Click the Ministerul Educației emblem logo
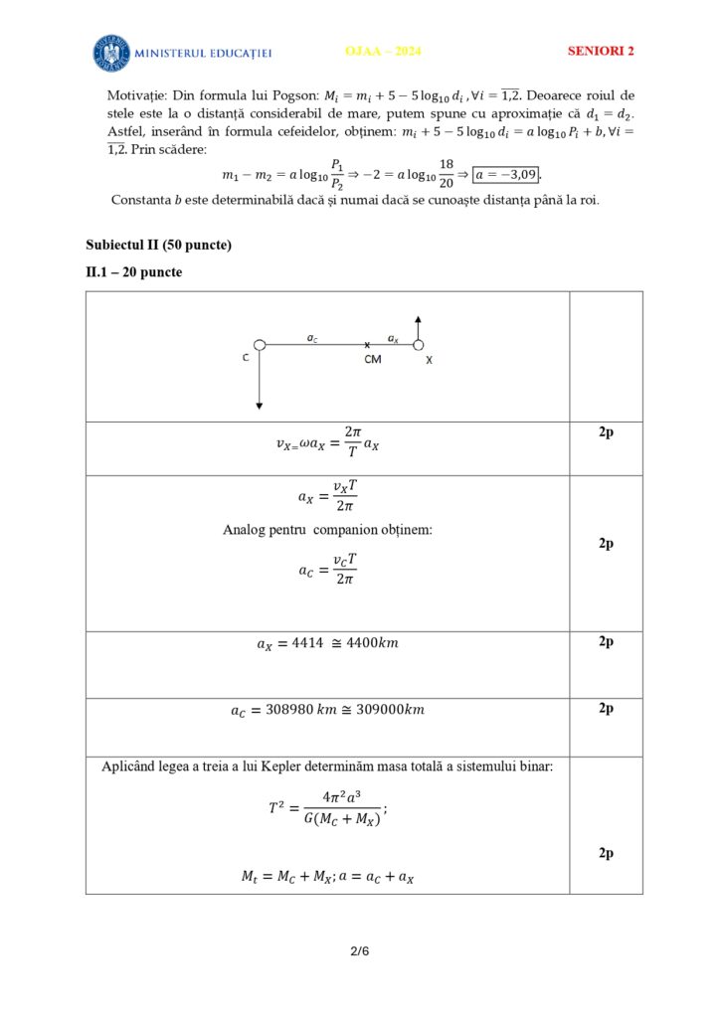coord(111,53)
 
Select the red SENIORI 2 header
coord(601,51)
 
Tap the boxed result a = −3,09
coord(506,175)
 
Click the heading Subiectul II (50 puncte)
coord(158,245)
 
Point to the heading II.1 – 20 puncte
coord(134,271)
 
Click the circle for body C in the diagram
coord(260,345)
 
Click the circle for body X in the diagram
coord(419,345)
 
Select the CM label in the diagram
coord(372,359)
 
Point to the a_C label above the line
coord(313,338)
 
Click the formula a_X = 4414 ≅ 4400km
coord(327,644)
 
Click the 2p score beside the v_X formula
coord(605,433)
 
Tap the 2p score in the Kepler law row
coord(605,853)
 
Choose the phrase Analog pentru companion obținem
coord(327,530)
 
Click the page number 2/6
coord(359,951)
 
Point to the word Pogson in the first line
coord(294,95)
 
